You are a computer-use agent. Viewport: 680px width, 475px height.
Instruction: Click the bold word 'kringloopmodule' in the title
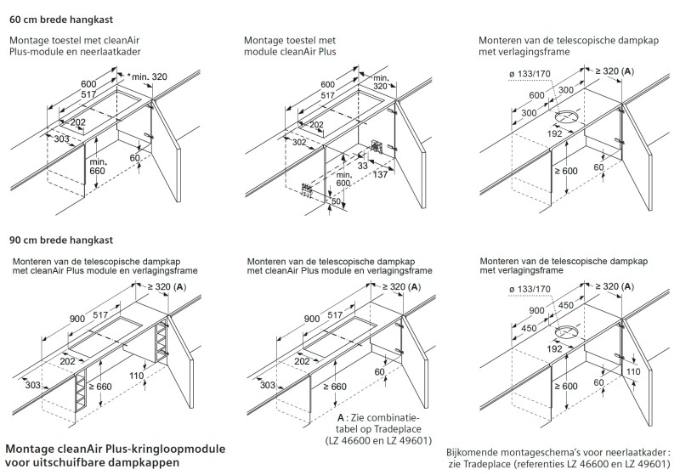(175, 448)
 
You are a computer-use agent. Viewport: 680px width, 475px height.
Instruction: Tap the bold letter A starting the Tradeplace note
(342, 419)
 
